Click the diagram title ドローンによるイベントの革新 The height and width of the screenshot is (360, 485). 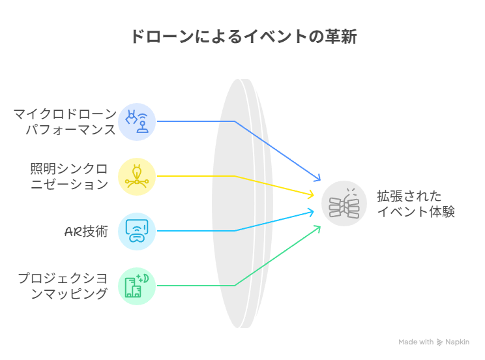click(244, 37)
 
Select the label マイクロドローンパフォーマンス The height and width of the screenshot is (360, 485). click(65, 122)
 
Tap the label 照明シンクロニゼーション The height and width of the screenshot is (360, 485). click(69, 177)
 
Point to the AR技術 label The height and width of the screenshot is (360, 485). click(86, 232)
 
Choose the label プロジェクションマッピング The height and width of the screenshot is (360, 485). click(63, 286)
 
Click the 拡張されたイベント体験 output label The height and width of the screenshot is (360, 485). click(416, 204)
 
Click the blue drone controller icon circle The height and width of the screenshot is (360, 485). click(137, 122)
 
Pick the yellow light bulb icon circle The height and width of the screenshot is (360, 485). click(137, 177)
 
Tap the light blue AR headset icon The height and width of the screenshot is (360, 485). click(137, 232)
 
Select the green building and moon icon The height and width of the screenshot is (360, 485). click(137, 286)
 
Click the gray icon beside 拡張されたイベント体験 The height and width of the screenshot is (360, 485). click(344, 203)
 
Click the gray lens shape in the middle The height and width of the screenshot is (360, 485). click(242, 203)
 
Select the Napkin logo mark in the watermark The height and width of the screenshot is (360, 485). click(439, 342)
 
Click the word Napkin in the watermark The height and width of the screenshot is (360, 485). click(457, 342)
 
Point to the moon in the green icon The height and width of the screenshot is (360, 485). click(145, 278)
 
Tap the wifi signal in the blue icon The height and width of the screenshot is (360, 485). click(143, 117)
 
